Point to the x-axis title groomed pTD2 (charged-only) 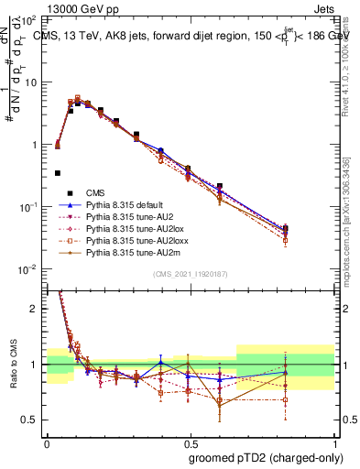(267, 457)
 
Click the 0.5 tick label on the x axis (190, 442)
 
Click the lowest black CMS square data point (58, 172)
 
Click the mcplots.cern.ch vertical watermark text (351, 211)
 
